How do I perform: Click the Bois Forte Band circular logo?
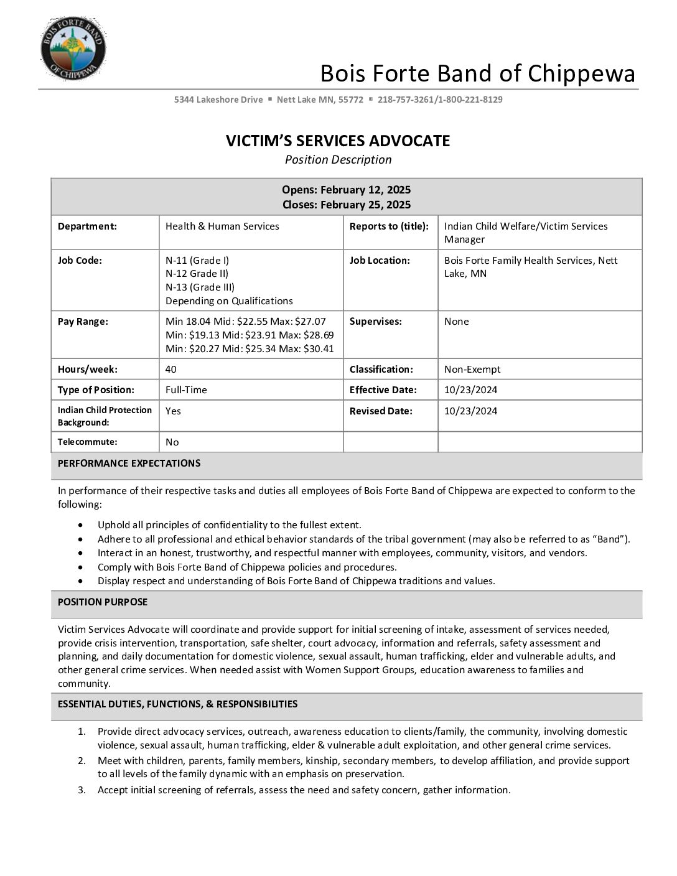73,49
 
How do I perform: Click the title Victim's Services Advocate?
338,141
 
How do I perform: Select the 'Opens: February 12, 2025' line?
346,190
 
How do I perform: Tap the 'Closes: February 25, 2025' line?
346,205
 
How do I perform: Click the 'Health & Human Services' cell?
222,226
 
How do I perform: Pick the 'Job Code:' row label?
80,261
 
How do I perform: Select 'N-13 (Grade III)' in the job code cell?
200,287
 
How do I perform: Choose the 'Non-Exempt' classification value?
472,370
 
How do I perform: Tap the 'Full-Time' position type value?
186,390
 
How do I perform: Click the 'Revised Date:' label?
381,411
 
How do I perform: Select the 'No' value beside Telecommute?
172,442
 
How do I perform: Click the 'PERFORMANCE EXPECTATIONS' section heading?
129,464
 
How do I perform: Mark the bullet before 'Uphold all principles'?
81,526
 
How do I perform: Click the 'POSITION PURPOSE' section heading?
103,602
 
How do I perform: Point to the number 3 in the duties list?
82,790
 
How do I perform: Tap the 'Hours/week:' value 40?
170,370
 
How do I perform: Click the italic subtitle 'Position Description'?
338,160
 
